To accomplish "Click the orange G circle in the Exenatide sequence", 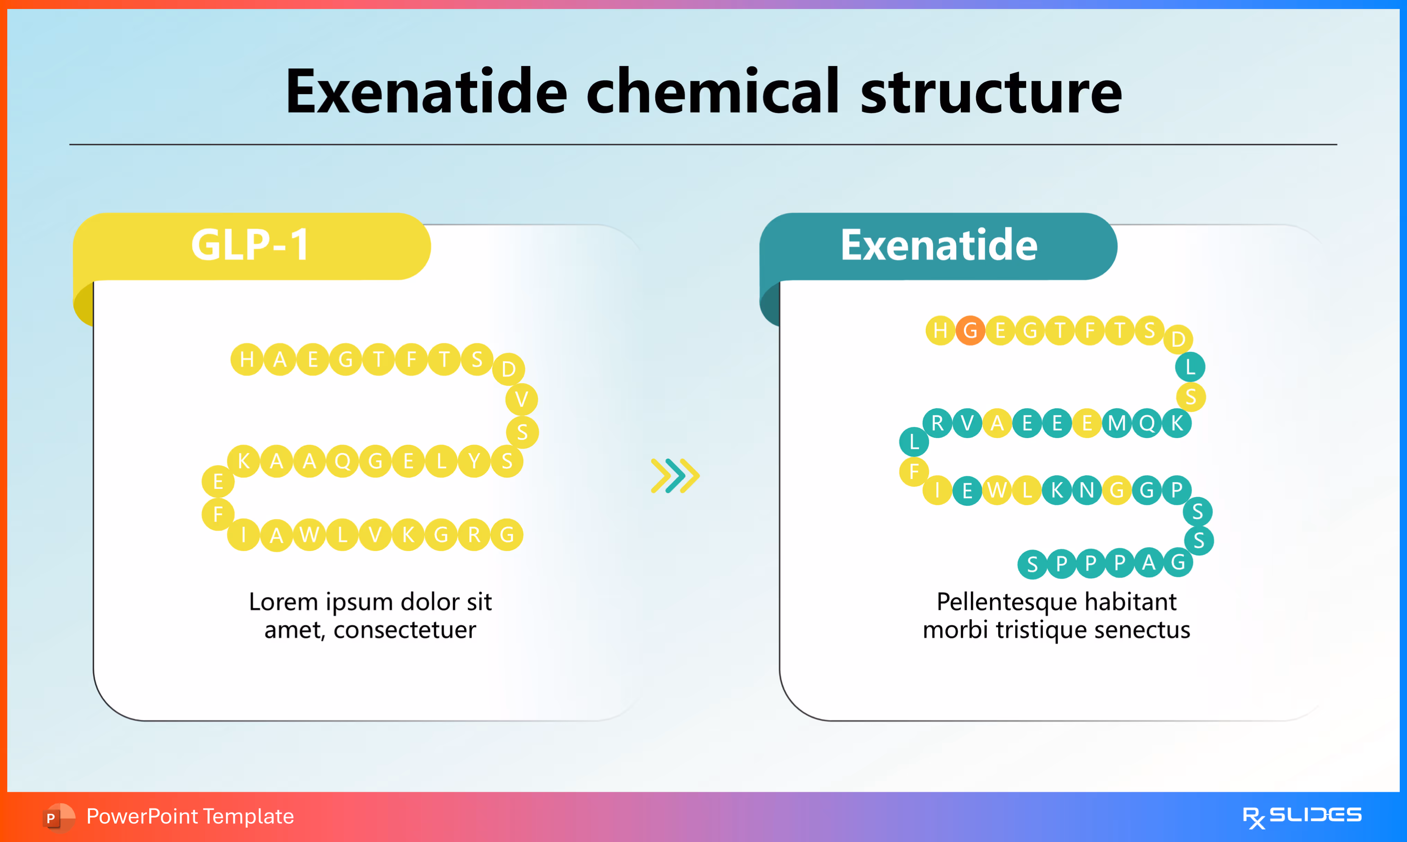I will click(x=970, y=330).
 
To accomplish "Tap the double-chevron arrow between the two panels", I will click(x=675, y=475).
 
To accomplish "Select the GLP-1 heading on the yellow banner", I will click(x=250, y=245).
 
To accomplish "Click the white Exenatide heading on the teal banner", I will click(x=939, y=245).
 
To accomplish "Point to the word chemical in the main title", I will click(x=712, y=92).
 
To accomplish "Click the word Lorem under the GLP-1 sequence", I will click(x=284, y=602).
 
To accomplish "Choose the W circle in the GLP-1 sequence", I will click(x=309, y=535).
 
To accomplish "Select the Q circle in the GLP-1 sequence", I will click(x=342, y=461).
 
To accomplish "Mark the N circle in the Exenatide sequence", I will click(x=1086, y=490).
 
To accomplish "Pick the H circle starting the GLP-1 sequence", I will click(x=247, y=359).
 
